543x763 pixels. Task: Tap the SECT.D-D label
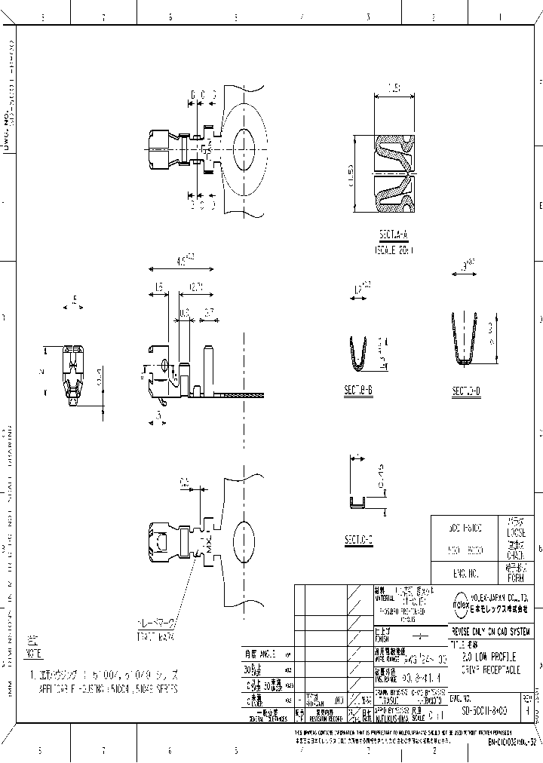[466, 392]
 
